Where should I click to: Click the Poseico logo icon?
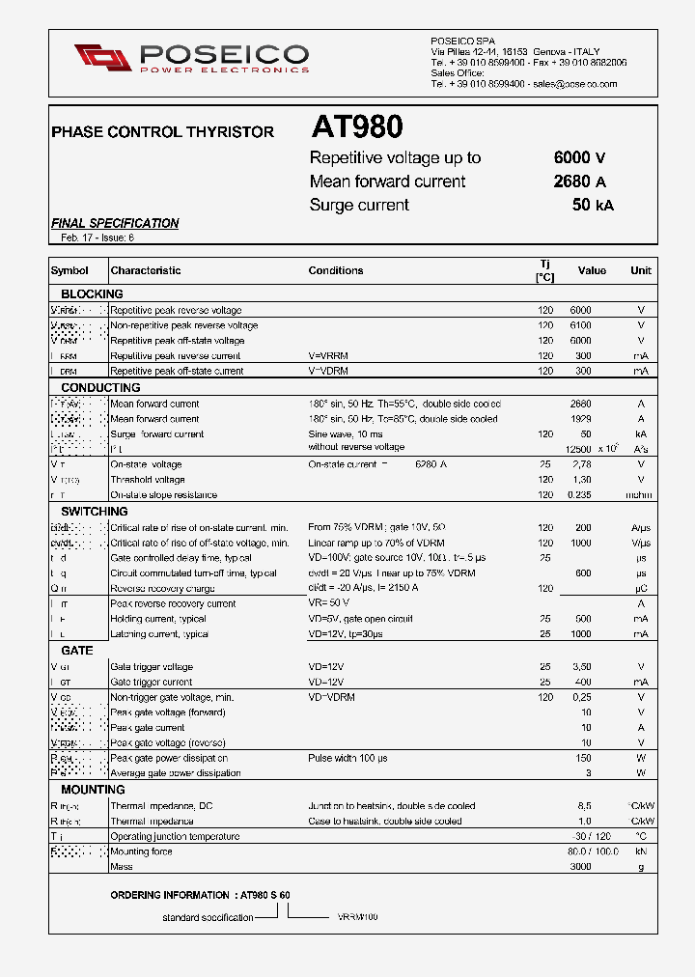(102, 58)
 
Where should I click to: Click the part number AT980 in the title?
(356, 127)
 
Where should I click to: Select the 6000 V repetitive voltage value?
(579, 158)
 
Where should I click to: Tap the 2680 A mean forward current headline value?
(579, 181)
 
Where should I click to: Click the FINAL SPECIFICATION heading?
(115, 223)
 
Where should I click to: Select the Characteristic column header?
(146, 271)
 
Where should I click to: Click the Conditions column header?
(336, 271)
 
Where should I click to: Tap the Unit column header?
(641, 271)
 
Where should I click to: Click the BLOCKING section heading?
(92, 293)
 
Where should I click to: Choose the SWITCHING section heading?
(95, 511)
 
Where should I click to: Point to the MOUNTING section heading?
(93, 790)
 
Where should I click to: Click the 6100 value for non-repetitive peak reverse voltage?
(580, 325)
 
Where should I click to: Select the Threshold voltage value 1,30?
(581, 480)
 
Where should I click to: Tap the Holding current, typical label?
(158, 619)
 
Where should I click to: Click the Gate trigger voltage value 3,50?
(581, 667)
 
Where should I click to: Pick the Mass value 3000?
(579, 867)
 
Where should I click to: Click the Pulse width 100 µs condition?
(347, 758)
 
